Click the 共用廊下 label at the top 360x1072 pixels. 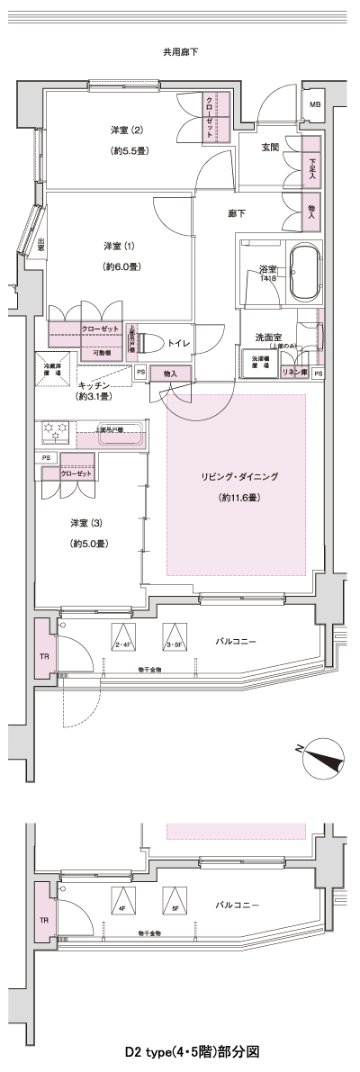click(x=180, y=53)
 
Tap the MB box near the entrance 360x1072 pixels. click(x=314, y=105)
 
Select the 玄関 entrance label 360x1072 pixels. click(x=270, y=147)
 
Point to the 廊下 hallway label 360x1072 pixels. click(x=237, y=213)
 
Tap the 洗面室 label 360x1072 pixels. click(x=270, y=338)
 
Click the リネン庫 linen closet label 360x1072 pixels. click(x=294, y=373)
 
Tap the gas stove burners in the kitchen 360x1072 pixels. click(x=55, y=433)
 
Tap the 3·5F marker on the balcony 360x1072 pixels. click(x=174, y=638)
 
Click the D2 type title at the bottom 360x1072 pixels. click(x=180, y=1050)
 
